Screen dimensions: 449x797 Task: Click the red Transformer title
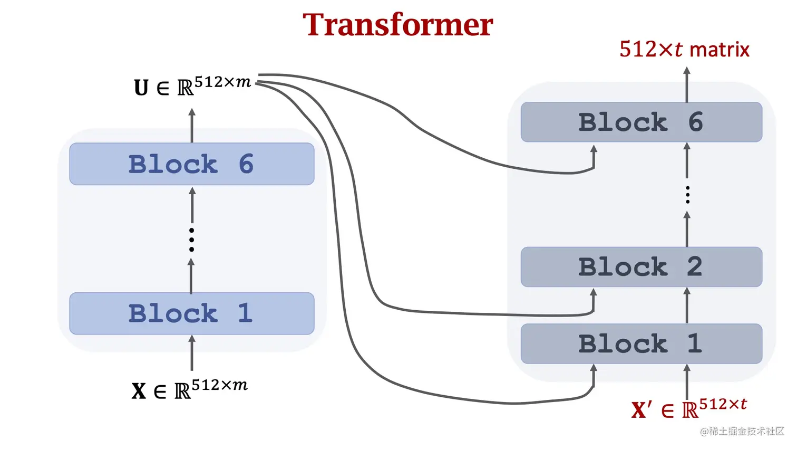tap(397, 25)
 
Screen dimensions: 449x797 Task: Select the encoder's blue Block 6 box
tap(191, 164)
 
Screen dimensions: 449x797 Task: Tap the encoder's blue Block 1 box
tap(191, 313)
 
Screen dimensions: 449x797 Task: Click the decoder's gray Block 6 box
tap(641, 122)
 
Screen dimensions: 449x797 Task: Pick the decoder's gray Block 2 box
tap(641, 267)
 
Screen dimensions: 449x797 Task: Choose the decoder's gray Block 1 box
tap(641, 344)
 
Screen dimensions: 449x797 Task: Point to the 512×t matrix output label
tap(684, 50)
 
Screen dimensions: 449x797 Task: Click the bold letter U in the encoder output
tap(141, 88)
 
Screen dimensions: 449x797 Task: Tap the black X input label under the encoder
tap(139, 391)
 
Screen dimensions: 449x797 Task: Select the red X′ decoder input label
tap(641, 410)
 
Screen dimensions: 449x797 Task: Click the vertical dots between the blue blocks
tap(191, 240)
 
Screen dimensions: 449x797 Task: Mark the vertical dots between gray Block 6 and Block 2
tap(687, 195)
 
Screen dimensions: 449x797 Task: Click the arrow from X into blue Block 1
tap(192, 354)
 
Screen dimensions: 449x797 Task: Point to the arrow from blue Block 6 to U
tap(192, 126)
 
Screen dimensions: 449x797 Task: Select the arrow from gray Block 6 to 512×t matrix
tap(687, 84)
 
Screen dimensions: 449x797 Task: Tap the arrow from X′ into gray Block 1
tap(687, 381)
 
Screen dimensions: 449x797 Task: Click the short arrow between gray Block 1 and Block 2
tap(687, 305)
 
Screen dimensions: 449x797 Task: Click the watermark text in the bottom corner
tap(742, 432)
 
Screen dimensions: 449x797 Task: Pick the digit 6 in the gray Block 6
tap(696, 122)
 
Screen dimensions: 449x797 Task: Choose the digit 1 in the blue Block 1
tap(245, 313)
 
